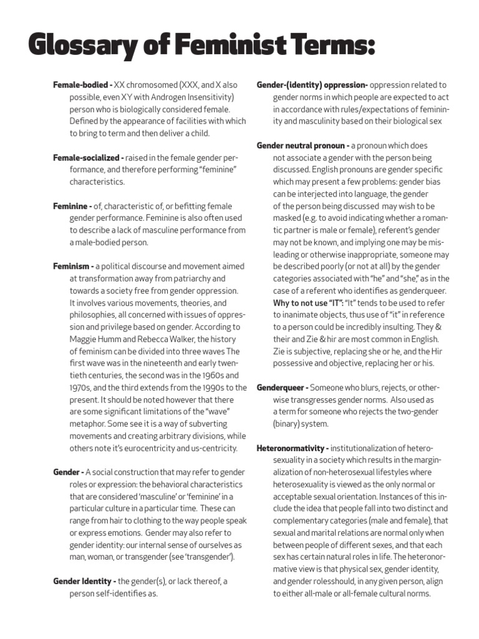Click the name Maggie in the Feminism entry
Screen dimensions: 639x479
click(84, 339)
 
